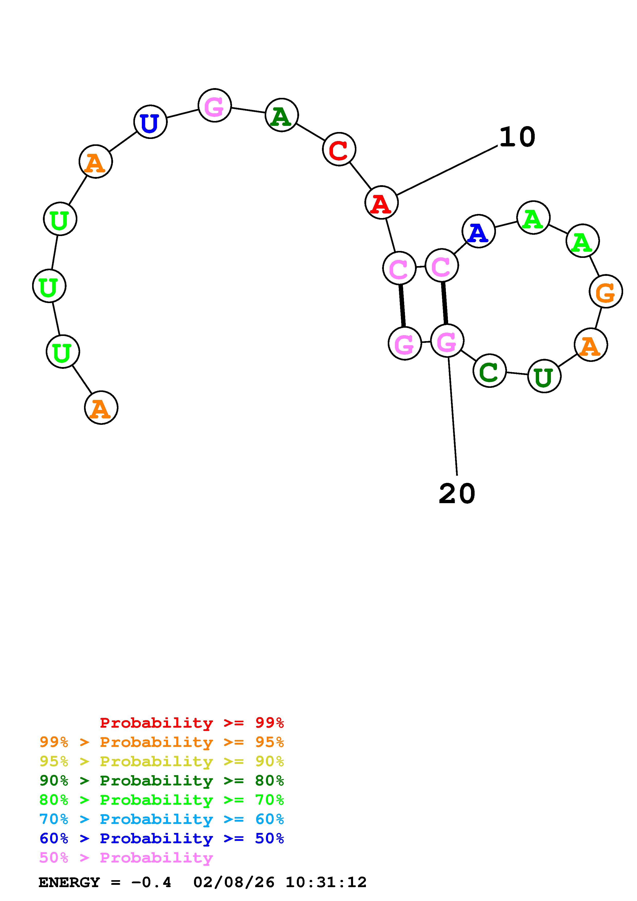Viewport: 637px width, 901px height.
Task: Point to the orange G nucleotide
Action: coord(606,291)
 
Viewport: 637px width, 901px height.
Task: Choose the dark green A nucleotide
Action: coord(281,115)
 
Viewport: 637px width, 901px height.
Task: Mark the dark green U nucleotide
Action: coord(544,376)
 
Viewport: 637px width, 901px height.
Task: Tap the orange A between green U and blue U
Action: coord(95,161)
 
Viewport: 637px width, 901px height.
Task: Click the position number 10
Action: coord(517,137)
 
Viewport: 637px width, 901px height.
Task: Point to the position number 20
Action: coord(457,494)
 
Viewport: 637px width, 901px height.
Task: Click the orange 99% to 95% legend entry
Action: coord(162,742)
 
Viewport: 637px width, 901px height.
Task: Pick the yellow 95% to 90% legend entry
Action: coord(162,761)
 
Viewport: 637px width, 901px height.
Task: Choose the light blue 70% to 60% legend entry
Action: coord(162,819)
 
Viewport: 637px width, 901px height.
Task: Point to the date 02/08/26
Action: coord(234,883)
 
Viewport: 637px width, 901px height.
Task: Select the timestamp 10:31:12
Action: coord(326,883)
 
